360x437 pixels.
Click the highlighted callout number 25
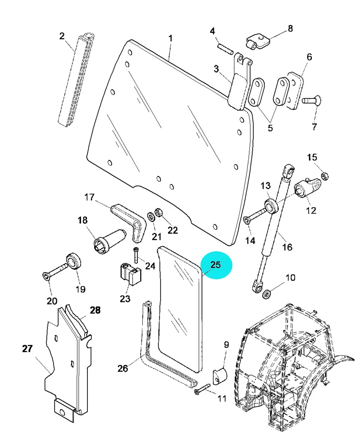click(x=216, y=265)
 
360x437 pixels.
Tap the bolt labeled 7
click(x=312, y=101)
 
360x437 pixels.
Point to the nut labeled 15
click(x=325, y=176)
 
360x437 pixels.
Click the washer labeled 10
click(x=266, y=295)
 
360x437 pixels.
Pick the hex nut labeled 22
click(x=159, y=213)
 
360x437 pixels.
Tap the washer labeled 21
click(x=151, y=217)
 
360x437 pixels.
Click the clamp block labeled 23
click(x=131, y=274)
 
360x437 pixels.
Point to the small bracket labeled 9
click(x=220, y=376)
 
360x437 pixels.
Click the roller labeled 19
click(x=74, y=261)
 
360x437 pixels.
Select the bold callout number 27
click(x=28, y=349)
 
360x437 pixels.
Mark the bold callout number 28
click(x=95, y=310)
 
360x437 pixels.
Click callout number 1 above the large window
click(x=170, y=38)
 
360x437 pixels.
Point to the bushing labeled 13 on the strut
click(x=272, y=206)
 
